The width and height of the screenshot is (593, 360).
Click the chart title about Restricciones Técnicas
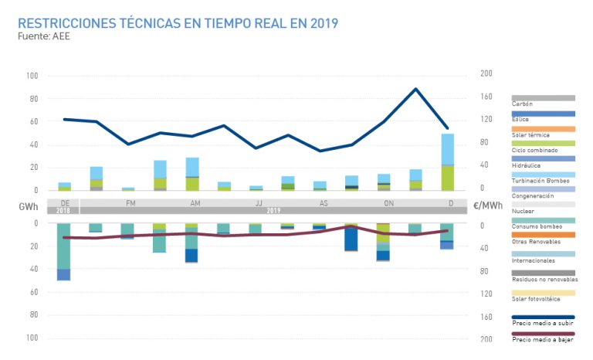pos(178,23)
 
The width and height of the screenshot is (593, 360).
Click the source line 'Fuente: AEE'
pos(43,36)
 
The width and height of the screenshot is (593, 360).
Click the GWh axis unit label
pos(28,207)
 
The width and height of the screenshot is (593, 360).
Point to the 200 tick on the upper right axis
pos(486,73)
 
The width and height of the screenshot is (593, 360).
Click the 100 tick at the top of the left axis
pos(32,76)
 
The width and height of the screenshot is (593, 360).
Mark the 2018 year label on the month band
pos(63,210)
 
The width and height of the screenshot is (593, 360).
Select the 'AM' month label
pos(191,202)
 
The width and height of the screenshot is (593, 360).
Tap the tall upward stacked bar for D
pos(448,162)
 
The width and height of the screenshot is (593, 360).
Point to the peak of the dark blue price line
pos(416,89)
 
